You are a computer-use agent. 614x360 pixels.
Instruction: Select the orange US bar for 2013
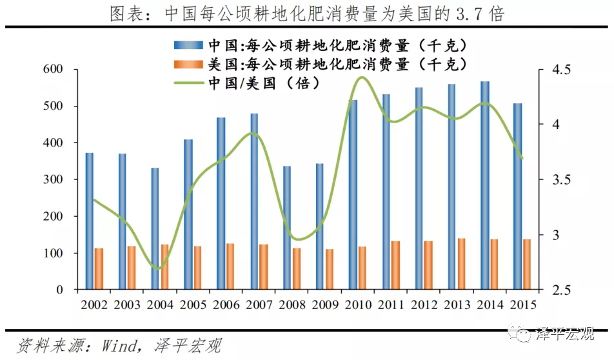(461, 264)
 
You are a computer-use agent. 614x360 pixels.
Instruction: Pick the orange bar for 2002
(99, 268)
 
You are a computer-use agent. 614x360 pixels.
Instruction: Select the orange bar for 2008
(297, 268)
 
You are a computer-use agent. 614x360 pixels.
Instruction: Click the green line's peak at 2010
(361, 77)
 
